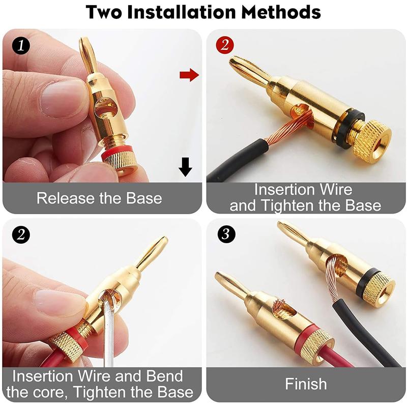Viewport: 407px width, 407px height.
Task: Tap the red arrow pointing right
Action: [189, 76]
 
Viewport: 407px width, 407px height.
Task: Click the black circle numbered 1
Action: [21, 45]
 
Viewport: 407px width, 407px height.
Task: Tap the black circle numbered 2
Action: [21, 235]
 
